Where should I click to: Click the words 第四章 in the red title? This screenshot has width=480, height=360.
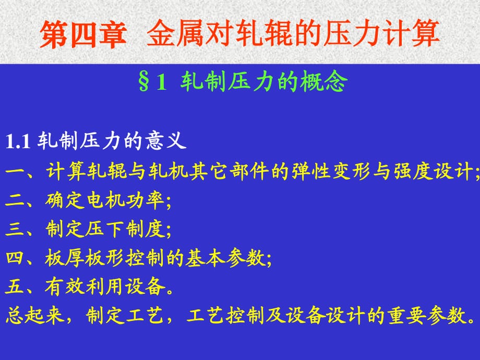(x=83, y=34)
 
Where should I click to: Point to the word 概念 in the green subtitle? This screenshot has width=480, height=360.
(x=324, y=81)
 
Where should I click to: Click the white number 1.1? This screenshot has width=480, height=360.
(x=18, y=141)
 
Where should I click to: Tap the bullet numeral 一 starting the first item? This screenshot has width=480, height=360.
(x=15, y=171)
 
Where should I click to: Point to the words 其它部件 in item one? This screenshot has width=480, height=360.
(x=230, y=171)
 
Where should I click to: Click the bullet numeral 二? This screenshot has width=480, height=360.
(x=15, y=200)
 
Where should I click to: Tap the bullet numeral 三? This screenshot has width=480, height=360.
(x=15, y=229)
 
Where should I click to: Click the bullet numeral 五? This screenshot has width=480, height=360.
(x=15, y=286)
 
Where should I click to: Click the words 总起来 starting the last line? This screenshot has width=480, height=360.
(x=34, y=316)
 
